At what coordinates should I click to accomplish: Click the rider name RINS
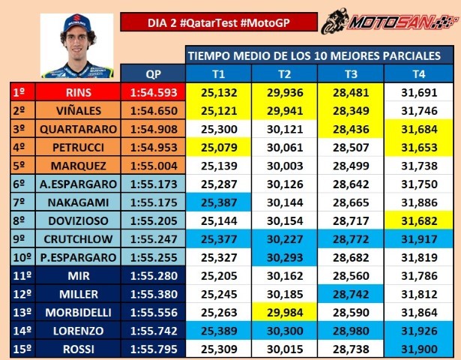[78, 93]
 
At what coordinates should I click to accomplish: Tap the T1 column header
[219, 73]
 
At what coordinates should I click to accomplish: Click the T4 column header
[420, 73]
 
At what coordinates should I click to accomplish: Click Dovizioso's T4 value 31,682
[420, 220]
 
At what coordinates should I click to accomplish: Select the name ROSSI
[78, 349]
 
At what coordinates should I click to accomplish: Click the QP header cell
[154, 73]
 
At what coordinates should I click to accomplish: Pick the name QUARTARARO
[78, 129]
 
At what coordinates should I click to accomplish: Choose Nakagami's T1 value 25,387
[219, 202]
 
